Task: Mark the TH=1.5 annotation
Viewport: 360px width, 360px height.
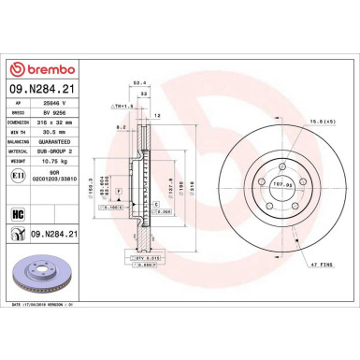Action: point(122,106)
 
